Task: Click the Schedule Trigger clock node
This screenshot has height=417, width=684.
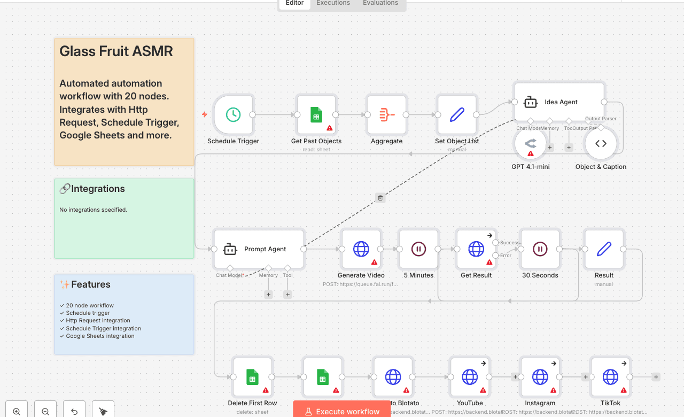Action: click(233, 114)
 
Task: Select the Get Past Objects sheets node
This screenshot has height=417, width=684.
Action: click(316, 114)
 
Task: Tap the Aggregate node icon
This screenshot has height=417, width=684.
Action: click(386, 114)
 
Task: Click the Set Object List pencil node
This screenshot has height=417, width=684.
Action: click(457, 114)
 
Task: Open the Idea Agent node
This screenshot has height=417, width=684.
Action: click(559, 102)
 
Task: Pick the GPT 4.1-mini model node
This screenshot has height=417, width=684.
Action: click(530, 143)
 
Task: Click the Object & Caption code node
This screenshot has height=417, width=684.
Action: click(601, 143)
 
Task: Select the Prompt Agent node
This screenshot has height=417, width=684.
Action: click(259, 249)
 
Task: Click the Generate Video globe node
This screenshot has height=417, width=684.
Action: click(361, 249)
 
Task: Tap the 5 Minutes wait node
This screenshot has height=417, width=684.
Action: click(418, 249)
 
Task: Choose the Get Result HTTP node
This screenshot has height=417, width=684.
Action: click(476, 249)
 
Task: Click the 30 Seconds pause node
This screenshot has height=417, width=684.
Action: click(540, 249)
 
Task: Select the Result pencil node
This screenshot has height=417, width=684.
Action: click(604, 249)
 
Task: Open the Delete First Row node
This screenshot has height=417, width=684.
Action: click(252, 377)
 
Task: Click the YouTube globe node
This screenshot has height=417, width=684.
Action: click(470, 377)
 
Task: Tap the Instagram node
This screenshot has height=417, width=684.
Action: click(540, 377)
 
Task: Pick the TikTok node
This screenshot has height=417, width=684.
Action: click(610, 377)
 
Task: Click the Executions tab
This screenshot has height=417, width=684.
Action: click(333, 3)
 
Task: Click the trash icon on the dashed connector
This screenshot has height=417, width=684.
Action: click(380, 198)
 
